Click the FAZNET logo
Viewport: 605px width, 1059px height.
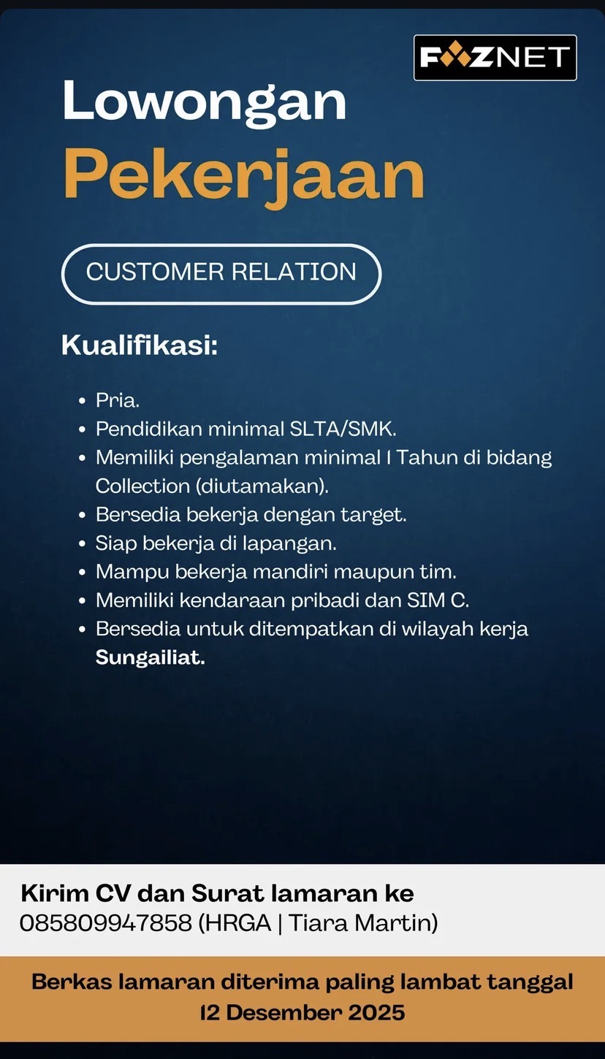point(495,58)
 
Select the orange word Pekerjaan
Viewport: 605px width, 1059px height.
point(243,176)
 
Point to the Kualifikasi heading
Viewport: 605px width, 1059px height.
point(140,345)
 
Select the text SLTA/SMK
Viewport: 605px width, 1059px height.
point(342,429)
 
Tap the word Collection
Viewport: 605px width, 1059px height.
point(142,486)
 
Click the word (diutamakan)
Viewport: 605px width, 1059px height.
point(262,486)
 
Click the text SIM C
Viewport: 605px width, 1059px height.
point(438,600)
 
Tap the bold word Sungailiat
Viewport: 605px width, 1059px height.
point(150,657)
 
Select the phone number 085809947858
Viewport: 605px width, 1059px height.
point(105,923)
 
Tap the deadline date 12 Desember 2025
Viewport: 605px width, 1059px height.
point(302,1012)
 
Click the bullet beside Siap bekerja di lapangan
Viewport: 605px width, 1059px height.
point(83,544)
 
